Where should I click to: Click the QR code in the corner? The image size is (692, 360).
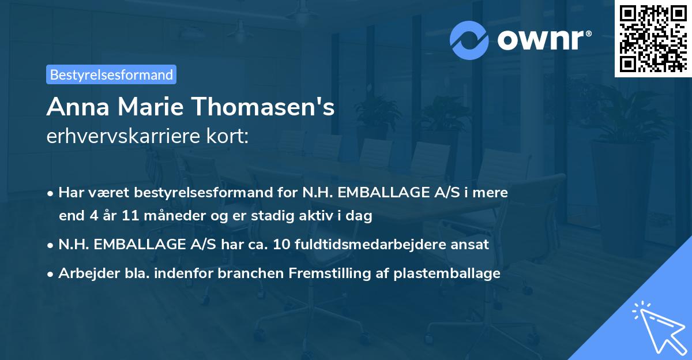coord(653,39)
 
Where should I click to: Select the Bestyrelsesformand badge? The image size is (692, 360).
coord(111,74)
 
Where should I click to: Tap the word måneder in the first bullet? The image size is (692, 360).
coord(170,216)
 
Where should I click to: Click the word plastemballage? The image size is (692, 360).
coord(447,273)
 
